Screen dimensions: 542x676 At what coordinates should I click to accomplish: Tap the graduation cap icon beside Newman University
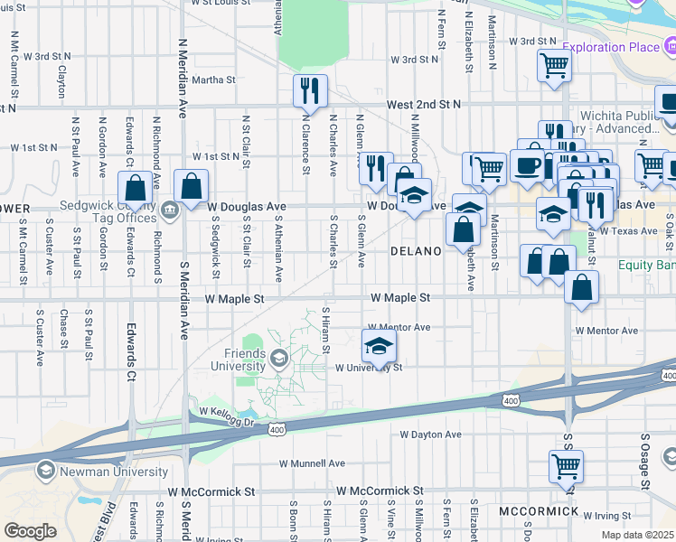pos(45,471)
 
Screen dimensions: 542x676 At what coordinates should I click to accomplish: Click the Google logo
pos(30,531)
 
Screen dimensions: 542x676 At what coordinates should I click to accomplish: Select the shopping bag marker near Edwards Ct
pos(136,188)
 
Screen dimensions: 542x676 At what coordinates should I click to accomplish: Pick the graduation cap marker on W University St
pos(380,347)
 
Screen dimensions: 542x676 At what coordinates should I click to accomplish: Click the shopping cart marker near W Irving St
pos(566,467)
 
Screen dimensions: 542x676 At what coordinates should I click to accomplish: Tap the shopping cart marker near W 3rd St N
pos(553,64)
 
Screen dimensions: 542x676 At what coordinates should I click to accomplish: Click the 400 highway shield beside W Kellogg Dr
pos(275,430)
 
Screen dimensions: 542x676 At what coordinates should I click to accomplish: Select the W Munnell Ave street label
pos(311,463)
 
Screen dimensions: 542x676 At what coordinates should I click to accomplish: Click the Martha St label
pos(213,79)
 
